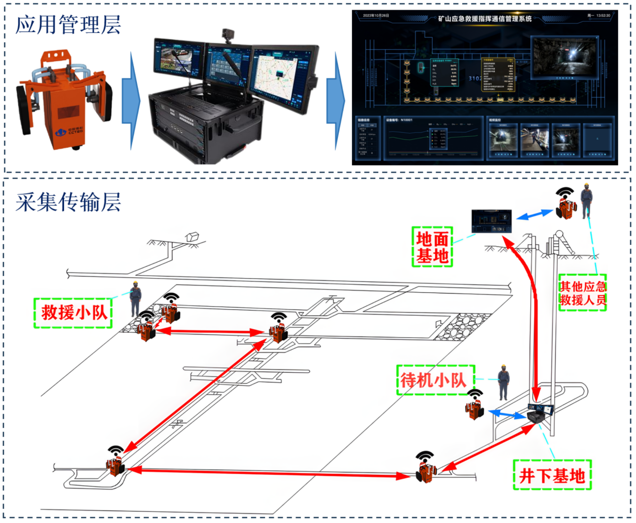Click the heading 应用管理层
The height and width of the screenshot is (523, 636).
tap(68, 24)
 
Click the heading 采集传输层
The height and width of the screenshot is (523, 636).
tap(68, 202)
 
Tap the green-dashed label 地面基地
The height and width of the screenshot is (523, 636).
tap(432, 246)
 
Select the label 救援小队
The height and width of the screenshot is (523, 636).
tap(73, 313)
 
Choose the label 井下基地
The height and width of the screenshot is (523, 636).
tap(552, 475)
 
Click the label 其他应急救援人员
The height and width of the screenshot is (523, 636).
tap(582, 293)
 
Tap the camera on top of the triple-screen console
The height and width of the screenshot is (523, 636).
tap(228, 36)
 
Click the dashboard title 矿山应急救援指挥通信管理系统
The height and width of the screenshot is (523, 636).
tap(484, 19)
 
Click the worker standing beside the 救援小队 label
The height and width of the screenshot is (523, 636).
tap(135, 299)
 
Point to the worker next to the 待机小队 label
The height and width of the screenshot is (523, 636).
tap(503, 382)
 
